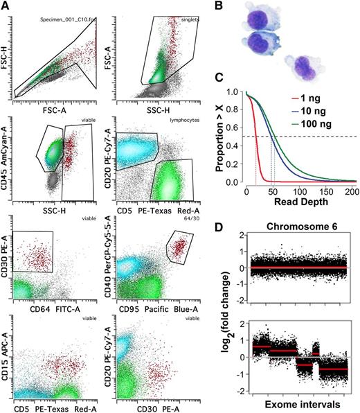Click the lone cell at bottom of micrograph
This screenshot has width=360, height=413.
pos(303,69)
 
